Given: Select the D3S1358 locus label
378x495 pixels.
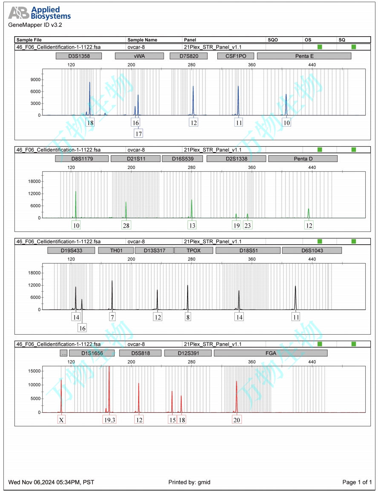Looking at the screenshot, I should coord(79,56).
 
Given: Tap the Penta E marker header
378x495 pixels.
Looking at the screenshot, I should coord(304,56).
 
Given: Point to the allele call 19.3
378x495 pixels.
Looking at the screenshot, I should coord(110,420).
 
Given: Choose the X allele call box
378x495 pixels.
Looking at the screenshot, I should coord(61,420).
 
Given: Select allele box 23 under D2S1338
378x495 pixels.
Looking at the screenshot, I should coord(248,225).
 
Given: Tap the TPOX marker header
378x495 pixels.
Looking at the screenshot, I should coord(193,250).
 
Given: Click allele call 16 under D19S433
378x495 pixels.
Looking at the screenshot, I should coord(82,328).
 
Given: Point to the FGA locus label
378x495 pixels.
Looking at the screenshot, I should coord(271,353).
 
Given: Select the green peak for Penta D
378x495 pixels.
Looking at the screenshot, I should coord(309,212).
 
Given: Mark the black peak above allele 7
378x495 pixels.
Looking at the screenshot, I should coord(112,294).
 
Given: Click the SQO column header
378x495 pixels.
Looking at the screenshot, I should coord(273,40).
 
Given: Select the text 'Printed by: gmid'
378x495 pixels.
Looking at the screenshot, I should coord(189,482).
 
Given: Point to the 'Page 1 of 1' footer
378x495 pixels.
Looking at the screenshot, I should coord(357,482).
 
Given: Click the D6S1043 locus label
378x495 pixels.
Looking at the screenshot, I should coord(312,250).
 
